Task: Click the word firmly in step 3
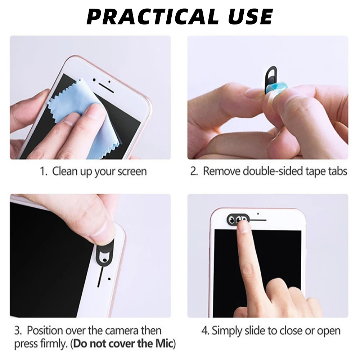52,344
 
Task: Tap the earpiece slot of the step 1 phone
107,87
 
